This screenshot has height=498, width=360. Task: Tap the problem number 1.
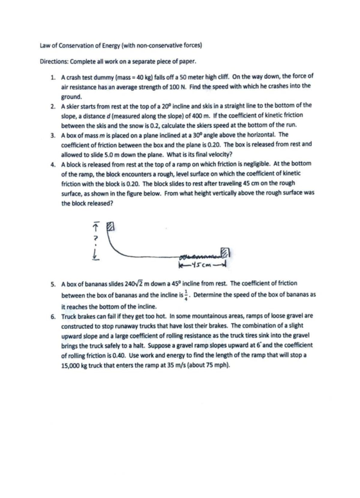[x=53, y=77]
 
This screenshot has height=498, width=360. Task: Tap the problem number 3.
[x=53, y=135]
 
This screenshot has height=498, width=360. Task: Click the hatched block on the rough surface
[x=224, y=252]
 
